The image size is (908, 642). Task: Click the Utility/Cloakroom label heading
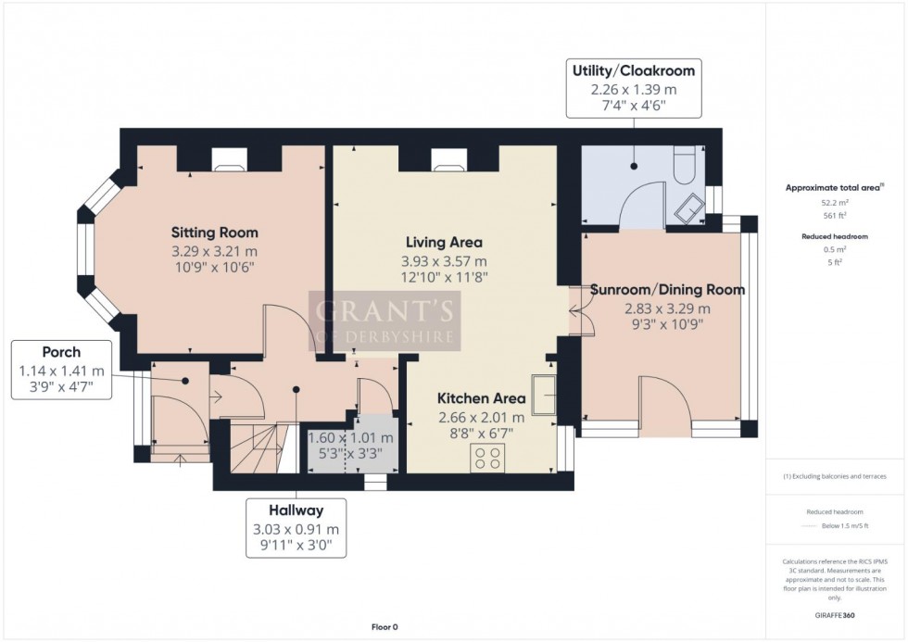(x=634, y=70)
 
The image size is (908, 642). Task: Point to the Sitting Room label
(x=214, y=233)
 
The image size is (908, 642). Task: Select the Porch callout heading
(x=62, y=352)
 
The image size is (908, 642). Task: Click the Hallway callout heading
(x=296, y=510)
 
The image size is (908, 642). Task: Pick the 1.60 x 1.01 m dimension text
(x=350, y=438)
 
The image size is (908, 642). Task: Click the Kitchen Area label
(x=481, y=398)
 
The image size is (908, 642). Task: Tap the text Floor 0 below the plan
(x=384, y=627)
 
